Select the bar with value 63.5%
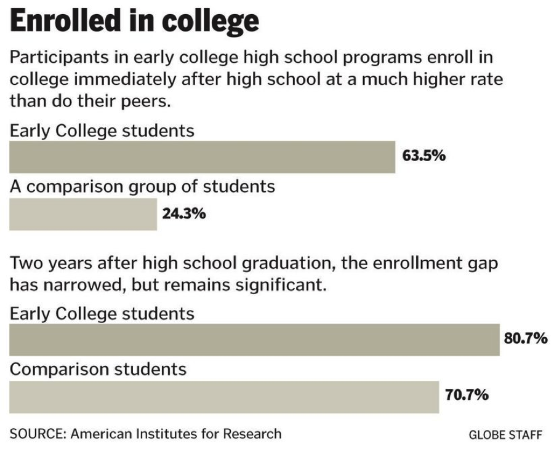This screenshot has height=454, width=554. (x=202, y=157)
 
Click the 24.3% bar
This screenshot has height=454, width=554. (x=83, y=214)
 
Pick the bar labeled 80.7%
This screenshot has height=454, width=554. (x=254, y=340)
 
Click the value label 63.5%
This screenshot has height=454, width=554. (x=424, y=156)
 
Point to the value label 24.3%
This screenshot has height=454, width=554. (x=184, y=214)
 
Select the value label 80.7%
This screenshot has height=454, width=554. (x=526, y=338)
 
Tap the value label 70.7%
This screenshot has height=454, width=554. (x=467, y=394)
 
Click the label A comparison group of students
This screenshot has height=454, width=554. (x=142, y=186)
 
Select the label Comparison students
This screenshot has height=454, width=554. (x=98, y=369)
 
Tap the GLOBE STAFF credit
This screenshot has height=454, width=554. (x=505, y=435)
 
